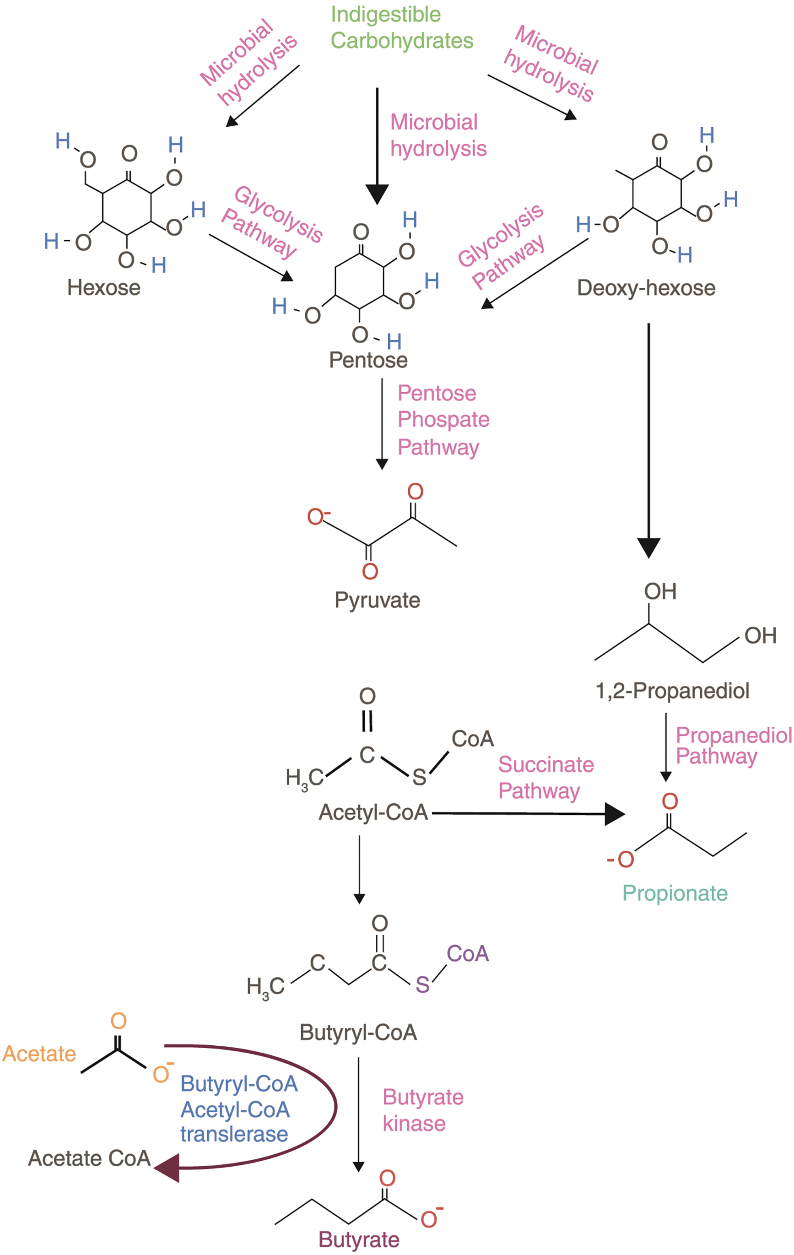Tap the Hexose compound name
[x=104, y=288]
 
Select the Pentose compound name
[x=368, y=360]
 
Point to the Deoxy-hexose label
[x=646, y=288]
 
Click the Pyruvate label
[x=377, y=600]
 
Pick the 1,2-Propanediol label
[x=672, y=691]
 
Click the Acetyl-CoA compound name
[x=373, y=813]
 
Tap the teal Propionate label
[x=675, y=893]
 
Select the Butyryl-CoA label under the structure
[x=358, y=1032]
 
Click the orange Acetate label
[x=39, y=1054]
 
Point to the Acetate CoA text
[x=89, y=1159]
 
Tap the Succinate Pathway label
[x=545, y=778]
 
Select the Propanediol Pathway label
[x=733, y=745]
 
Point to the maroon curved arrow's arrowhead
[x=168, y=1168]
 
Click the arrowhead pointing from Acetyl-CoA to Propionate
[x=615, y=814]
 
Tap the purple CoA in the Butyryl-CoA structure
[x=468, y=954]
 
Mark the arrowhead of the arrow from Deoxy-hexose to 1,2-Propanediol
[x=649, y=548]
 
